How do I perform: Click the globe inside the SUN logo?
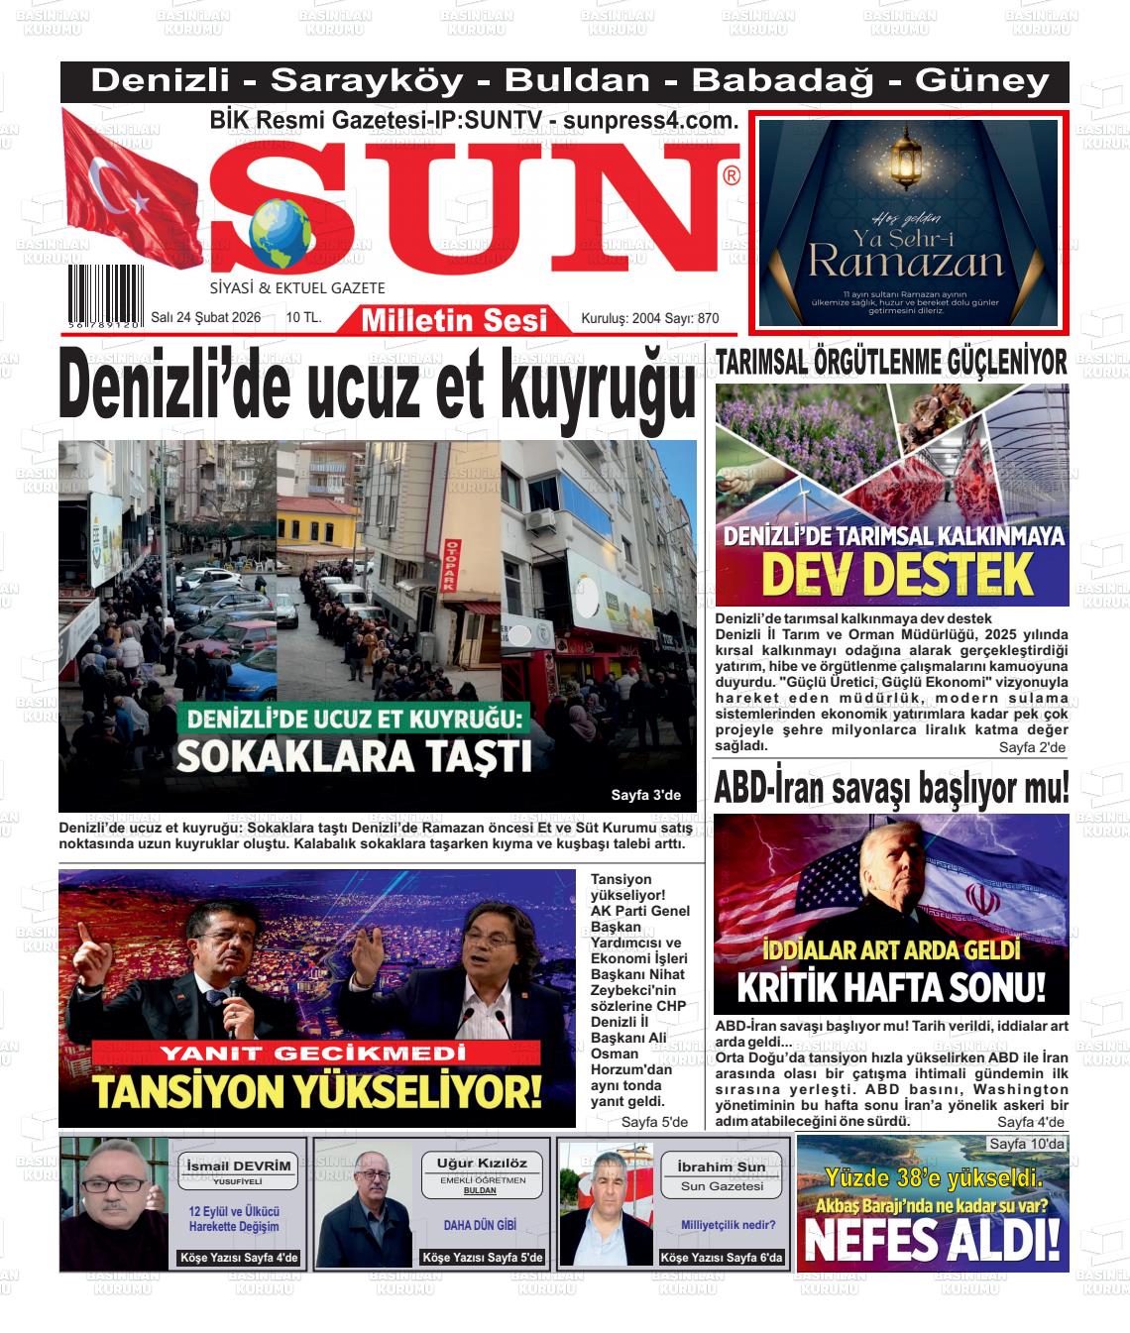pos(280,234)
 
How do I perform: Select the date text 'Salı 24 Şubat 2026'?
pos(206,318)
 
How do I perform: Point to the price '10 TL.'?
pos(303,318)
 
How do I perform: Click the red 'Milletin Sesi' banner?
pos(454,319)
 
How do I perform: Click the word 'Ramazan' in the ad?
pos(905,263)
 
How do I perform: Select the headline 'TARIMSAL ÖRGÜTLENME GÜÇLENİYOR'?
pos(890,363)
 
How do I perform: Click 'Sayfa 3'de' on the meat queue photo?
pos(645,795)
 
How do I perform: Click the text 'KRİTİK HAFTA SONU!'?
pos(891,987)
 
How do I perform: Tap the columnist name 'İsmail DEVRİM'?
pos(239,1166)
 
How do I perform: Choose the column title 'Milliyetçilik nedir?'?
pos(728,1225)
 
